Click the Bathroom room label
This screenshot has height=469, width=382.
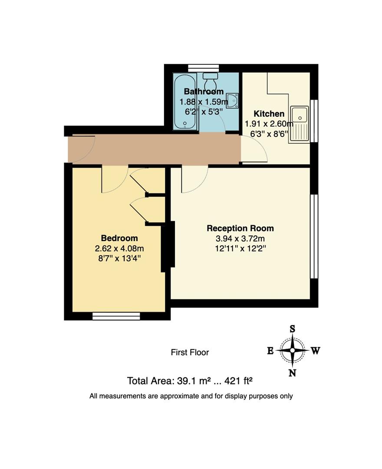tap(204, 92)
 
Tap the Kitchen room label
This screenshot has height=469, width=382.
tap(269, 114)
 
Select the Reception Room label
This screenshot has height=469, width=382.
tap(240, 228)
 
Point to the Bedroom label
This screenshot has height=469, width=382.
tap(119, 238)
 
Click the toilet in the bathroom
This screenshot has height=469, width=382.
tap(211, 80)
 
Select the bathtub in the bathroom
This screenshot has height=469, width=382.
tap(185, 102)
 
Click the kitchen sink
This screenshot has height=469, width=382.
tap(300, 116)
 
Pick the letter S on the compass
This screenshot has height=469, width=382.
tap(293, 329)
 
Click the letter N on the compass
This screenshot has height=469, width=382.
tap(293, 373)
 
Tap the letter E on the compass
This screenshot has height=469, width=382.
tap(270, 351)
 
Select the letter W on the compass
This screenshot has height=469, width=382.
tap(316, 351)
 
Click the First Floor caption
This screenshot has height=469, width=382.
tap(190, 352)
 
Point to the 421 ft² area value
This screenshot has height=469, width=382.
tap(237, 381)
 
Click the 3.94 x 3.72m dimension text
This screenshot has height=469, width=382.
tap(240, 239)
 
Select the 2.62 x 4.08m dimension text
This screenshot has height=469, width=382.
tap(119, 248)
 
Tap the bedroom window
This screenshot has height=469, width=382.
tap(116, 316)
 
